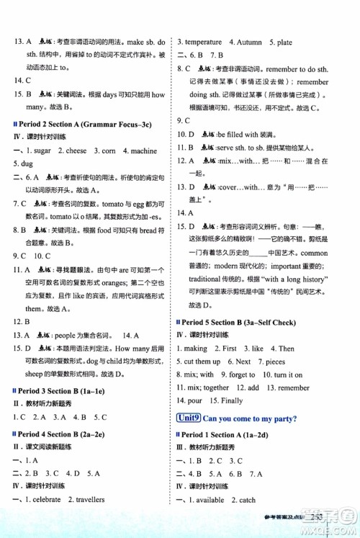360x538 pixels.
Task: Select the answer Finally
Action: click(233, 400)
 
